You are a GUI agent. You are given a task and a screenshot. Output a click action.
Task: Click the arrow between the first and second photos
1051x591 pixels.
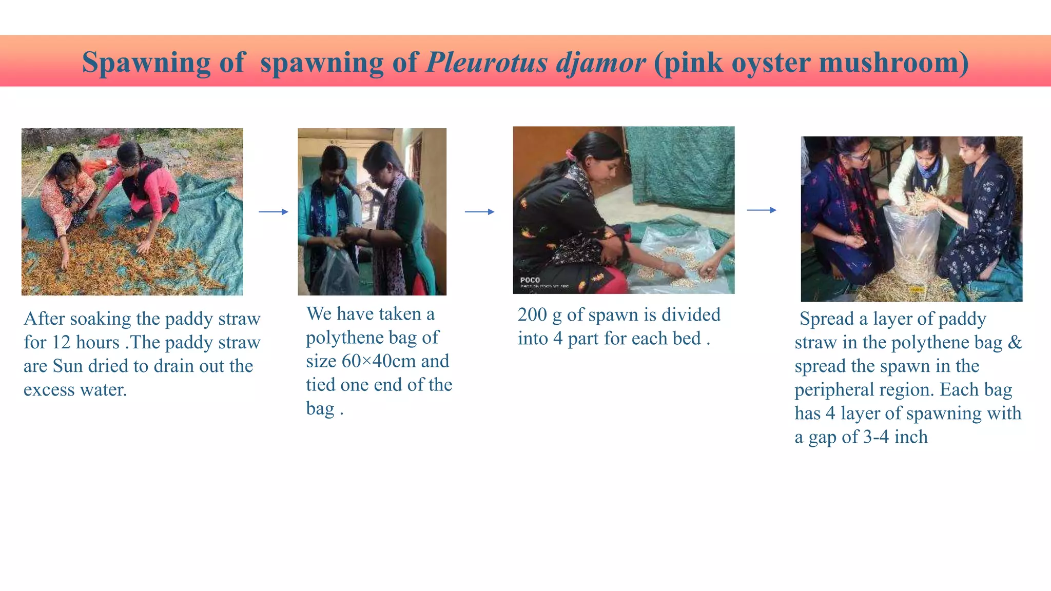[x=273, y=211]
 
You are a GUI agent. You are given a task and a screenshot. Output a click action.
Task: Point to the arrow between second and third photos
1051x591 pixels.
[x=479, y=211]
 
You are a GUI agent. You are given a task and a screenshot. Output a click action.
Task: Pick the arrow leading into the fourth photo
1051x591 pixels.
[x=762, y=210]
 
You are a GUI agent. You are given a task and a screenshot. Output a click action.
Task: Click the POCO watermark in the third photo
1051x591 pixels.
[x=530, y=280]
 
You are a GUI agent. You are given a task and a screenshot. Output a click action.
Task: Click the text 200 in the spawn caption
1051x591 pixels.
[x=532, y=314]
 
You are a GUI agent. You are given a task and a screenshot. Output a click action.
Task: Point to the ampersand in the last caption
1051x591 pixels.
[x=1014, y=342]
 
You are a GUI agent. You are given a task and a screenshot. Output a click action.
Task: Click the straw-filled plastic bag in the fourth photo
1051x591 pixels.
[x=914, y=241]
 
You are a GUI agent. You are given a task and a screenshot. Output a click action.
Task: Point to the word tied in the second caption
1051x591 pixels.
[x=322, y=385]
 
